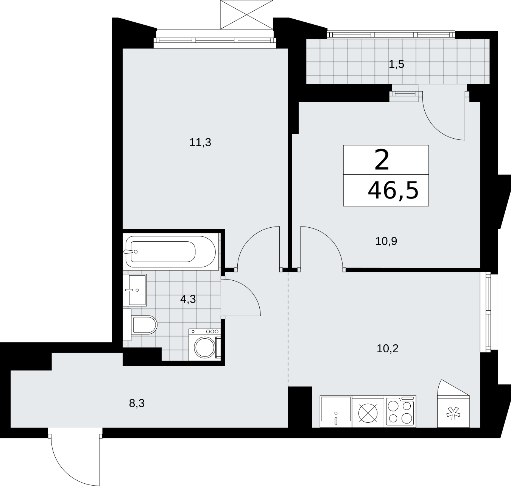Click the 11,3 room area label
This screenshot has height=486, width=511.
point(200,142)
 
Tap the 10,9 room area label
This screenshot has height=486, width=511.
point(386,241)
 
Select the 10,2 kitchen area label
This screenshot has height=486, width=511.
point(387,348)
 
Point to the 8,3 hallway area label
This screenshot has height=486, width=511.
point(137,403)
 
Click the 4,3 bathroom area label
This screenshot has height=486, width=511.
point(188,299)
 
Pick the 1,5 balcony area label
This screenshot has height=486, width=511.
point(396,64)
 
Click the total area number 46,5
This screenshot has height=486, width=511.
point(393,191)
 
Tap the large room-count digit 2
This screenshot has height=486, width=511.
point(382,160)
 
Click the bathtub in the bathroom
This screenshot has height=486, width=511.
point(170,252)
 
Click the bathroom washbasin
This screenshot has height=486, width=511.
point(135,290)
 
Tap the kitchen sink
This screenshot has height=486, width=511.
point(336,411)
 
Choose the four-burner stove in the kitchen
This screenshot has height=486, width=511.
point(400,411)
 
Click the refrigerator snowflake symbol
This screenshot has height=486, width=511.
point(453,413)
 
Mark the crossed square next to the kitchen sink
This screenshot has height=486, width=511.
point(368,411)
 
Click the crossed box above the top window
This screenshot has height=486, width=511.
point(247,14)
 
